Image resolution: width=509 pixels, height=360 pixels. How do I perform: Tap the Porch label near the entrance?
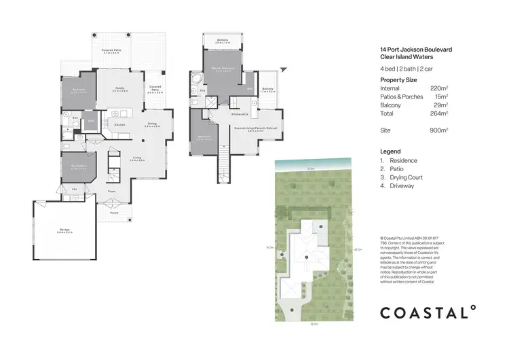point(114,213)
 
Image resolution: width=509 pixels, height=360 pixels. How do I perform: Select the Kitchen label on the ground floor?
point(119,125)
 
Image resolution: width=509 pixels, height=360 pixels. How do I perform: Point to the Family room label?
point(119,89)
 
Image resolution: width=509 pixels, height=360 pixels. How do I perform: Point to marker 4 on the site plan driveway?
point(292,310)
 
